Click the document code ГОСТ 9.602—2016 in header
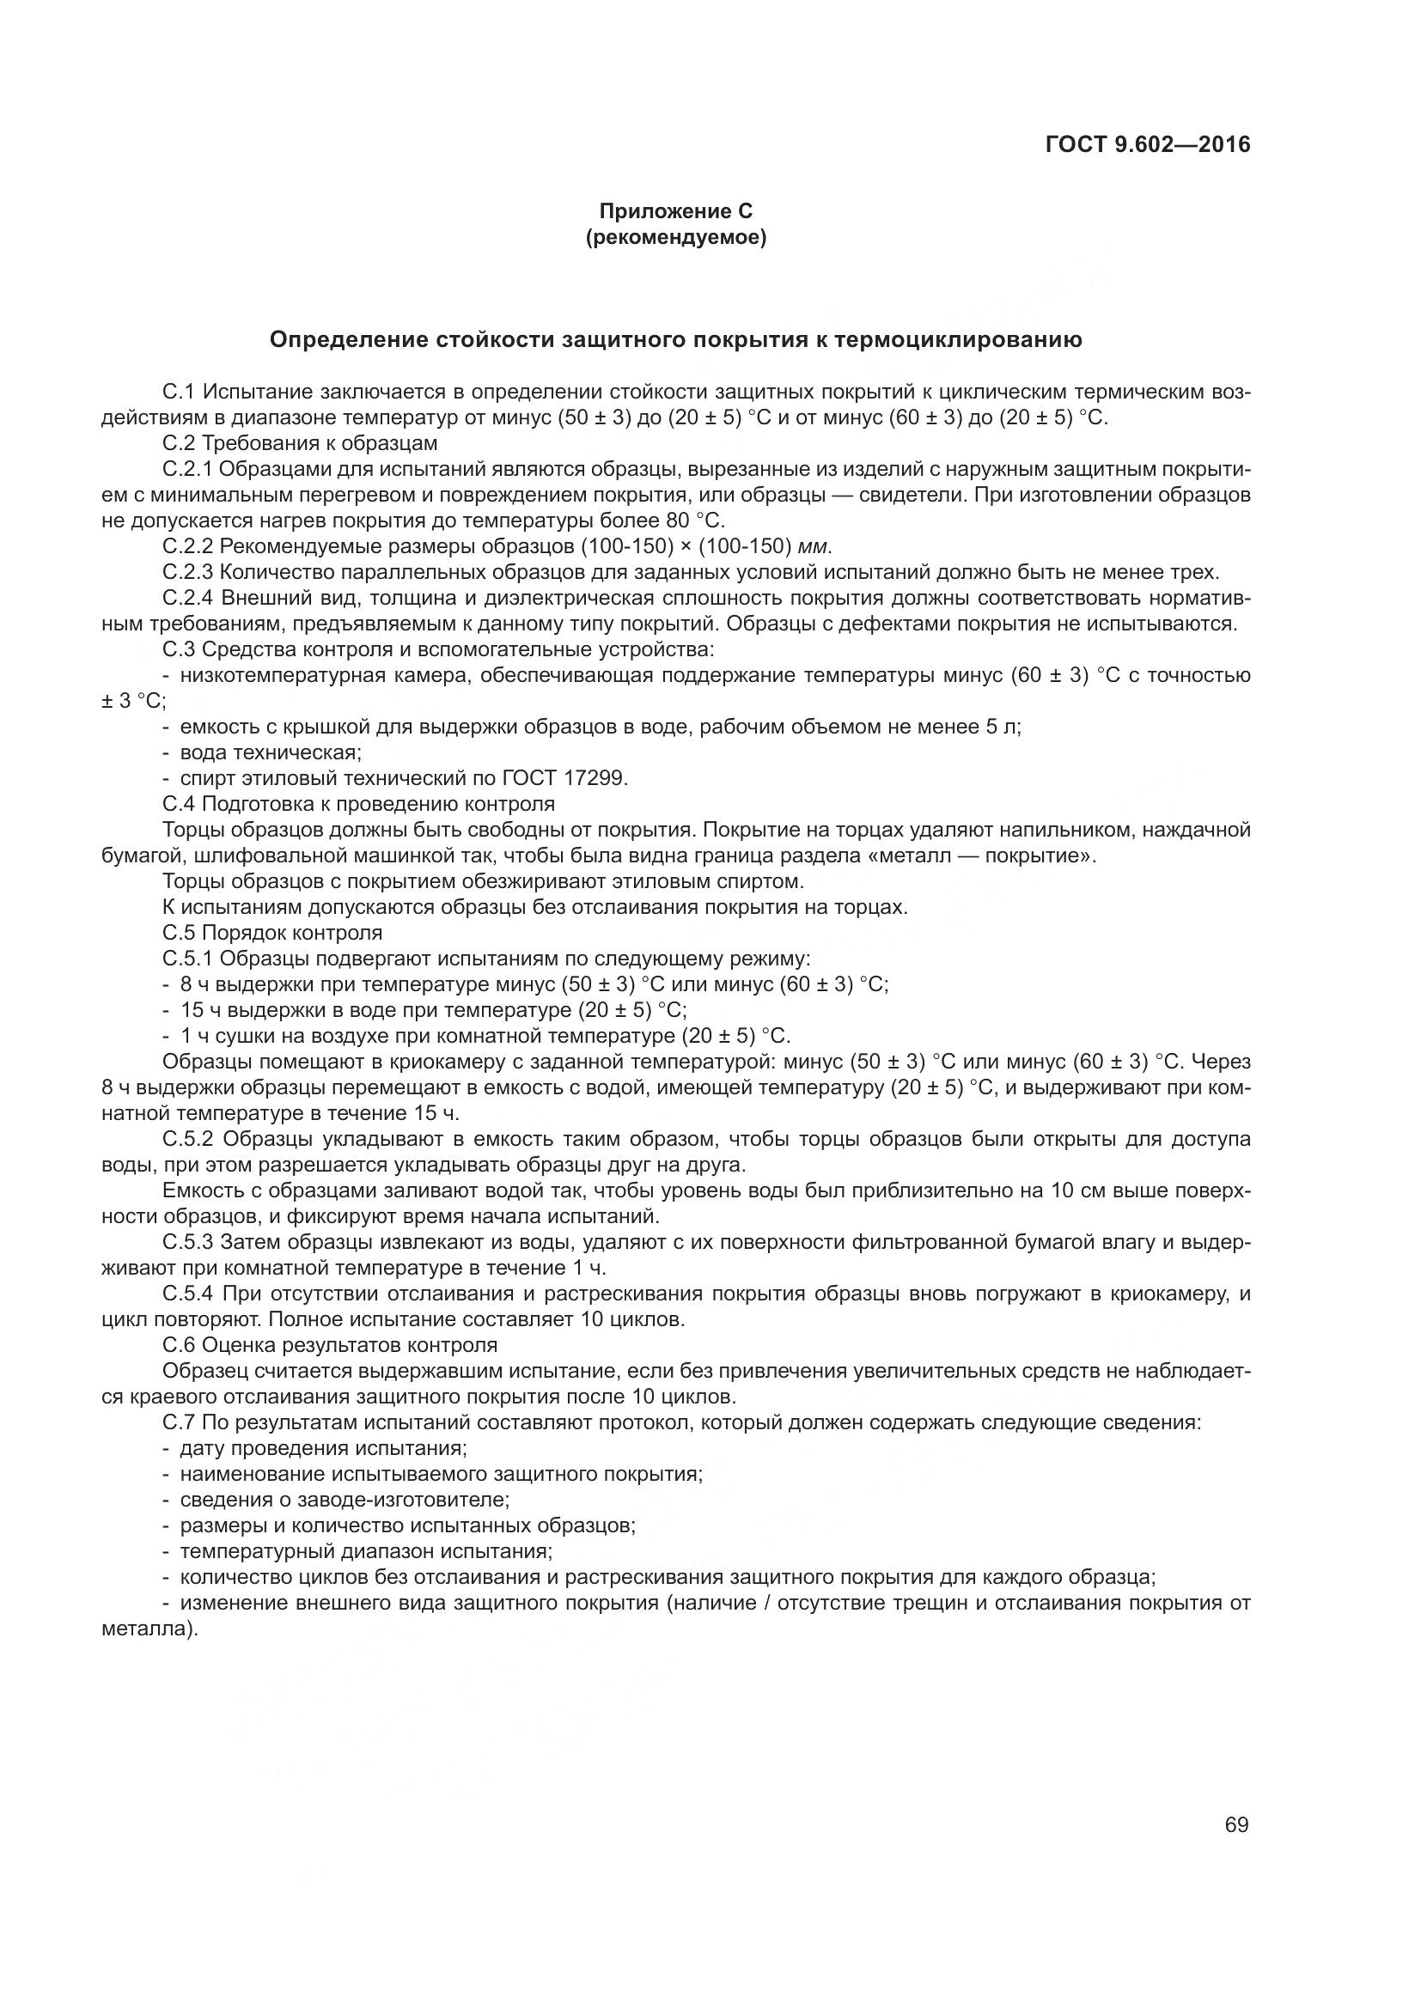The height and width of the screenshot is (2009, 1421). click(1148, 144)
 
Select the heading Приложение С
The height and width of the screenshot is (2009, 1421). click(675, 211)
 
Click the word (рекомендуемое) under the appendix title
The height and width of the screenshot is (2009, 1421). click(675, 237)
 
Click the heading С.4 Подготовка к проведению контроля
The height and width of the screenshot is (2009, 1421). click(359, 803)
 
